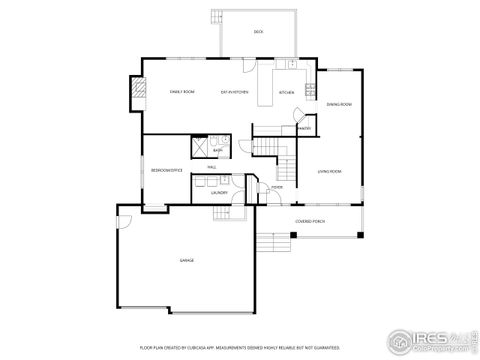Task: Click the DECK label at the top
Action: [258, 32]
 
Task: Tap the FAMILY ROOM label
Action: [181, 91]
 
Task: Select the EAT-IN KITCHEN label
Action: [235, 91]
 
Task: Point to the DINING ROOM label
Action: [338, 103]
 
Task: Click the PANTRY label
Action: [303, 128]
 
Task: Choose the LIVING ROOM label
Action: [330, 172]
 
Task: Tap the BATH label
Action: [217, 149]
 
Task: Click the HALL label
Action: [212, 166]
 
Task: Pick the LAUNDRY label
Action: [219, 192]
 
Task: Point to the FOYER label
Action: [276, 187]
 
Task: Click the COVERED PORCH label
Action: [309, 221]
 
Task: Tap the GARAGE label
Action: [186, 260]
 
